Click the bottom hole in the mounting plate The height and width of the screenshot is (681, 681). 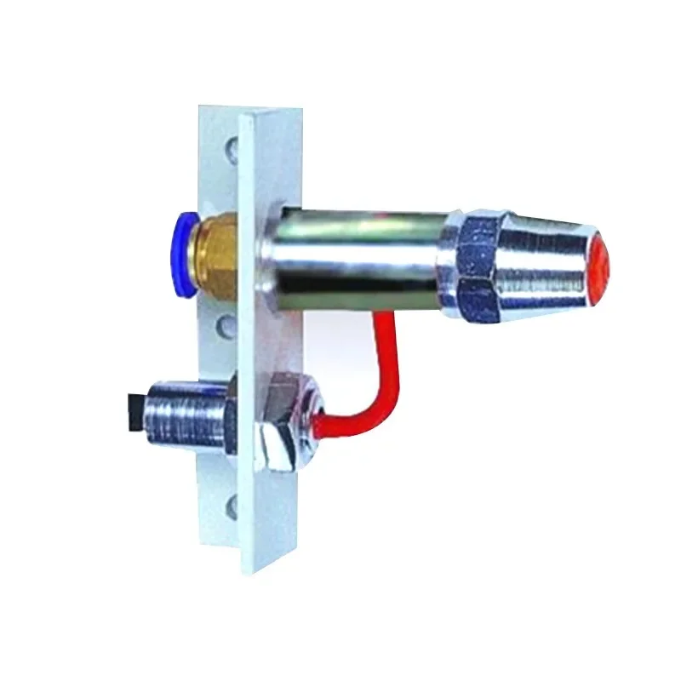pyautogui.click(x=232, y=509)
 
